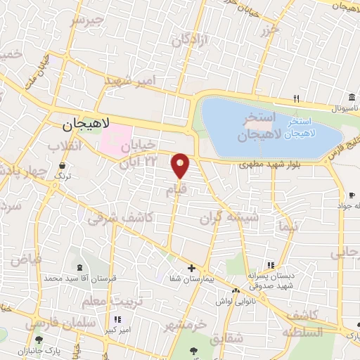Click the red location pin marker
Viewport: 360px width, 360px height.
tap(181, 165)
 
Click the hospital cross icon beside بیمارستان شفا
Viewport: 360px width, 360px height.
tap(191, 268)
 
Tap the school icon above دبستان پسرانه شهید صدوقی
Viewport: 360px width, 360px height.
tap(270, 265)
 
